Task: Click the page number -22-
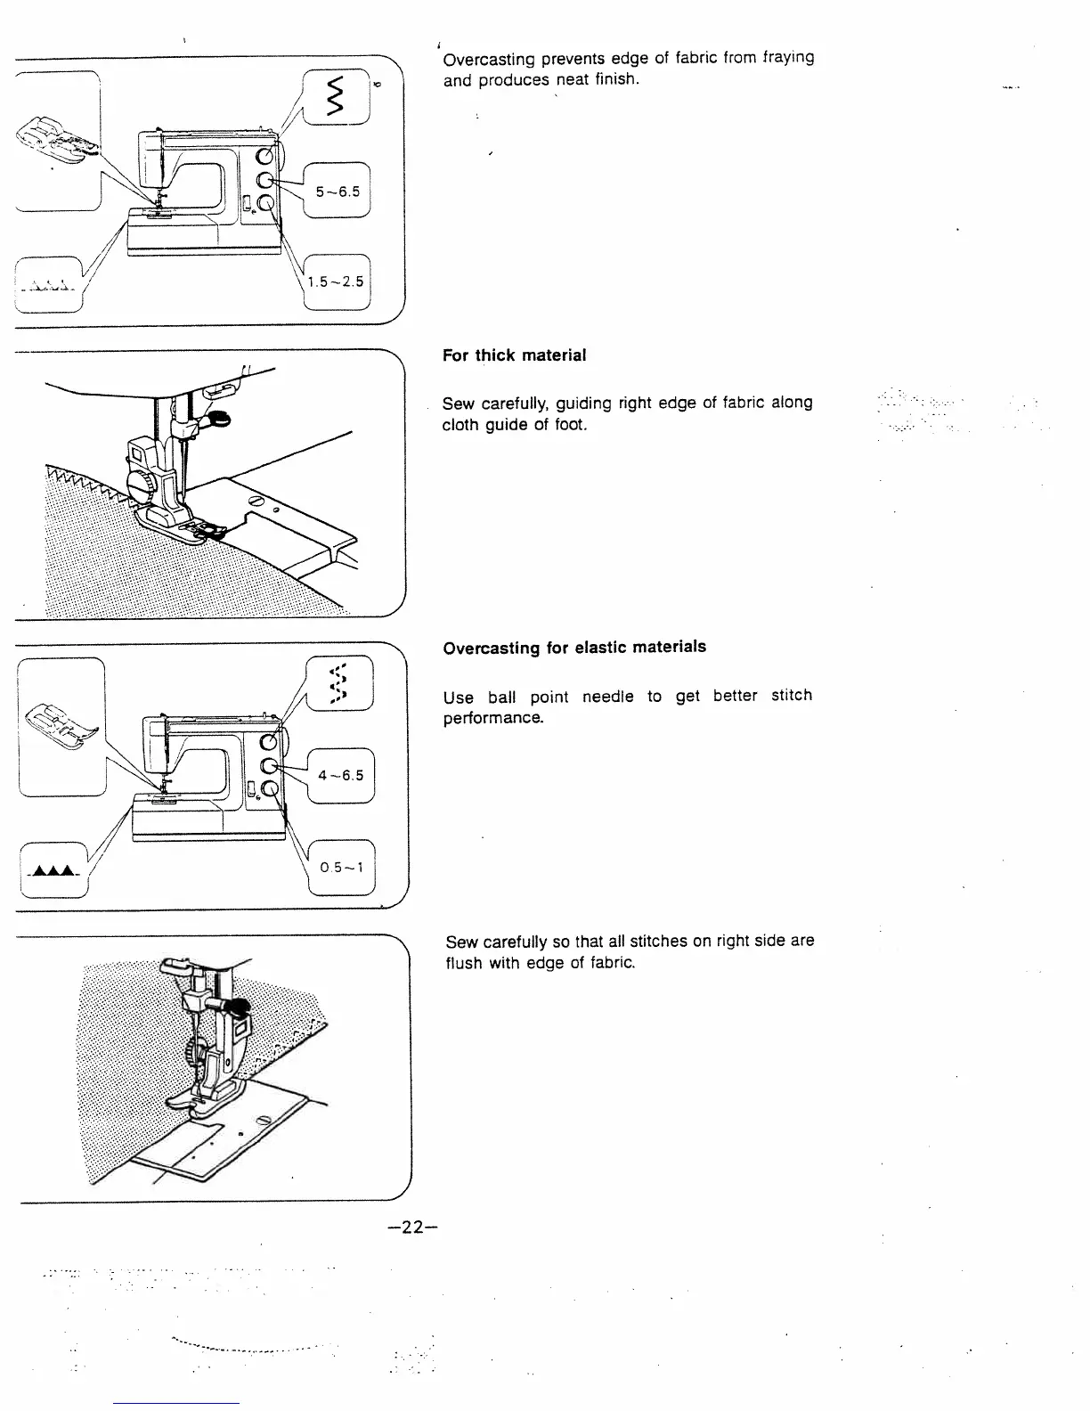pos(414,1227)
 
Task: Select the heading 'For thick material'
pos(514,355)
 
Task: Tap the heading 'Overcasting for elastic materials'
pos(574,648)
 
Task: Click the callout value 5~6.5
pos(338,191)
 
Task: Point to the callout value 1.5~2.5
pos(336,281)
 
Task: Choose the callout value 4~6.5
pos(340,775)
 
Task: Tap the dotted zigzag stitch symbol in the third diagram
pos(338,683)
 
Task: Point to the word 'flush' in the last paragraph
pos(464,963)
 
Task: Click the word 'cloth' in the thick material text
pos(461,425)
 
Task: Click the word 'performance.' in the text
pos(492,718)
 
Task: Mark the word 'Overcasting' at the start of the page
pos(488,61)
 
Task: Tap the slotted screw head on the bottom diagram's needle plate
pos(264,1120)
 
